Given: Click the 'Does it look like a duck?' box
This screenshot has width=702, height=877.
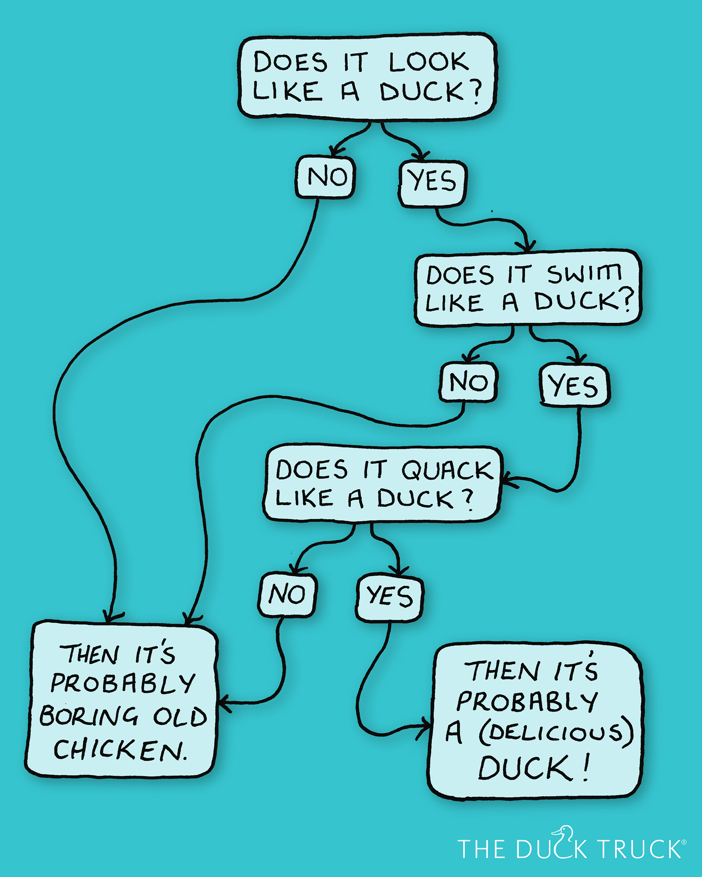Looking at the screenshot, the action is (x=366, y=76).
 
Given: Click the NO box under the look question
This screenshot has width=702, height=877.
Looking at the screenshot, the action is (x=325, y=177).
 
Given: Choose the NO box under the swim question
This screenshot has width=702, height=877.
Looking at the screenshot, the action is (x=468, y=382).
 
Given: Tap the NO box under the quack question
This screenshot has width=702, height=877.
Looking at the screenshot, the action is (x=287, y=594).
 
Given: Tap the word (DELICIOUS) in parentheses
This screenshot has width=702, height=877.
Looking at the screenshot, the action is (x=556, y=732).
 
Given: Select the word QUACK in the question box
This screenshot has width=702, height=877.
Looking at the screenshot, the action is (x=448, y=470).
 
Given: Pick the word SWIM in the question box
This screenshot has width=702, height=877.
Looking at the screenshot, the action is (x=584, y=273).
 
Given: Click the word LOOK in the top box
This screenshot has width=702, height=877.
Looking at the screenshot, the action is (x=429, y=62).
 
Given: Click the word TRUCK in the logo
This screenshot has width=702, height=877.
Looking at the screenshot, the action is (x=639, y=849).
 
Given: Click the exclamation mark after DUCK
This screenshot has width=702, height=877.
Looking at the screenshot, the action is (x=586, y=767).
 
